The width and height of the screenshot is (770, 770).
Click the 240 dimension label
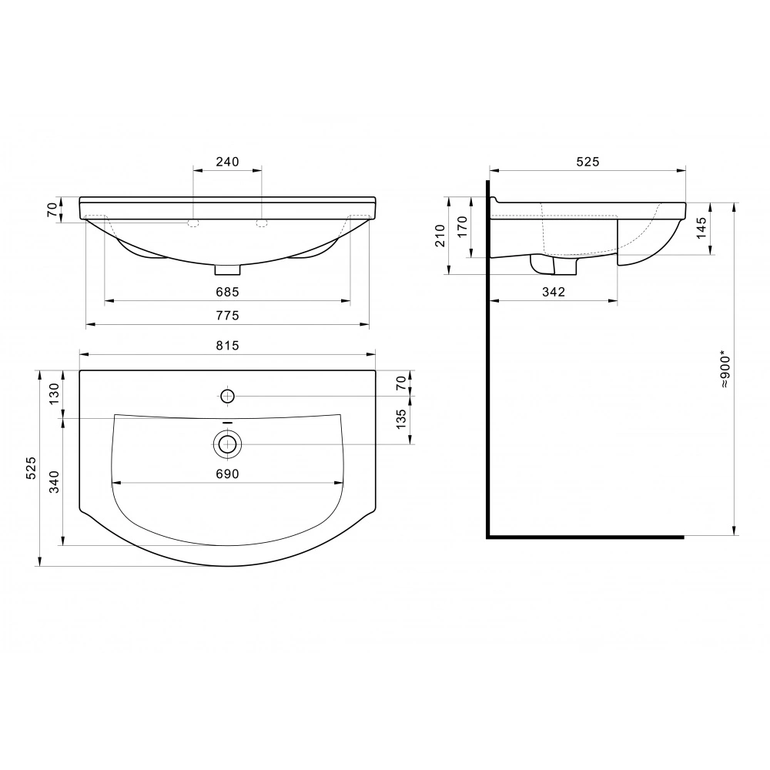(x=227, y=162)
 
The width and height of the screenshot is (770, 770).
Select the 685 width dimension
(x=227, y=292)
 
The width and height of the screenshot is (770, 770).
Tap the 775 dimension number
(x=227, y=315)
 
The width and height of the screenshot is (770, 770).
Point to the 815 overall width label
(x=227, y=346)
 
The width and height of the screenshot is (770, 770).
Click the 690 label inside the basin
(x=227, y=474)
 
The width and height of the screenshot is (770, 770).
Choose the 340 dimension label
(x=54, y=482)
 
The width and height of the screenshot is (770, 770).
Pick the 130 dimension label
(x=54, y=393)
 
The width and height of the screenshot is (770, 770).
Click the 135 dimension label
(x=401, y=420)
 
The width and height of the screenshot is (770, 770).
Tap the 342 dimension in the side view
(x=554, y=292)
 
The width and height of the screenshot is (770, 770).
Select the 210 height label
(x=440, y=235)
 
